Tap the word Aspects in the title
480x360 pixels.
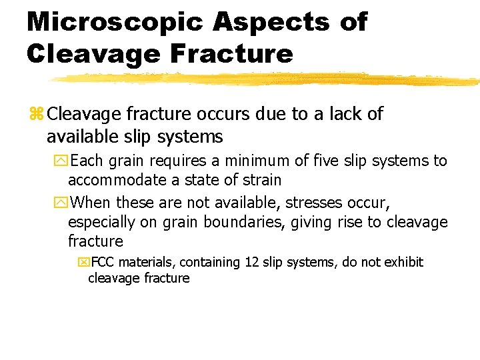pos(271,22)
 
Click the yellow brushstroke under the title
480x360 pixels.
pos(267,80)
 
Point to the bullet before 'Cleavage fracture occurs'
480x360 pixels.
pos(36,115)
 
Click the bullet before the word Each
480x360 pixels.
pos(63,161)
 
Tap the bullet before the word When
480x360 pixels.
pos(63,203)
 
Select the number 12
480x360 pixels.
pos(251,262)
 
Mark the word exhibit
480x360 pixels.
pos(402,262)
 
